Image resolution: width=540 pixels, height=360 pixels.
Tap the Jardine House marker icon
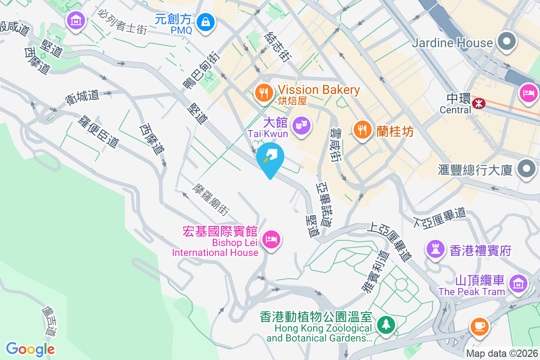(507, 43)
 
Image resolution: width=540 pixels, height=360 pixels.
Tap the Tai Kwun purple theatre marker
(300, 124)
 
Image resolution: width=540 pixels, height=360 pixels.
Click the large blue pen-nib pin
(270, 157)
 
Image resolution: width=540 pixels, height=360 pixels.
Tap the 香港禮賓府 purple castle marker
(435, 250)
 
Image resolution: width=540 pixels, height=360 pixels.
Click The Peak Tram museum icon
(518, 284)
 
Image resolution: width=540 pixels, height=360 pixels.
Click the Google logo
(30, 349)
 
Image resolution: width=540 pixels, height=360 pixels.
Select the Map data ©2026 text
(502, 354)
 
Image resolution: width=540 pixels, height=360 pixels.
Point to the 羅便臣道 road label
(99, 132)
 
